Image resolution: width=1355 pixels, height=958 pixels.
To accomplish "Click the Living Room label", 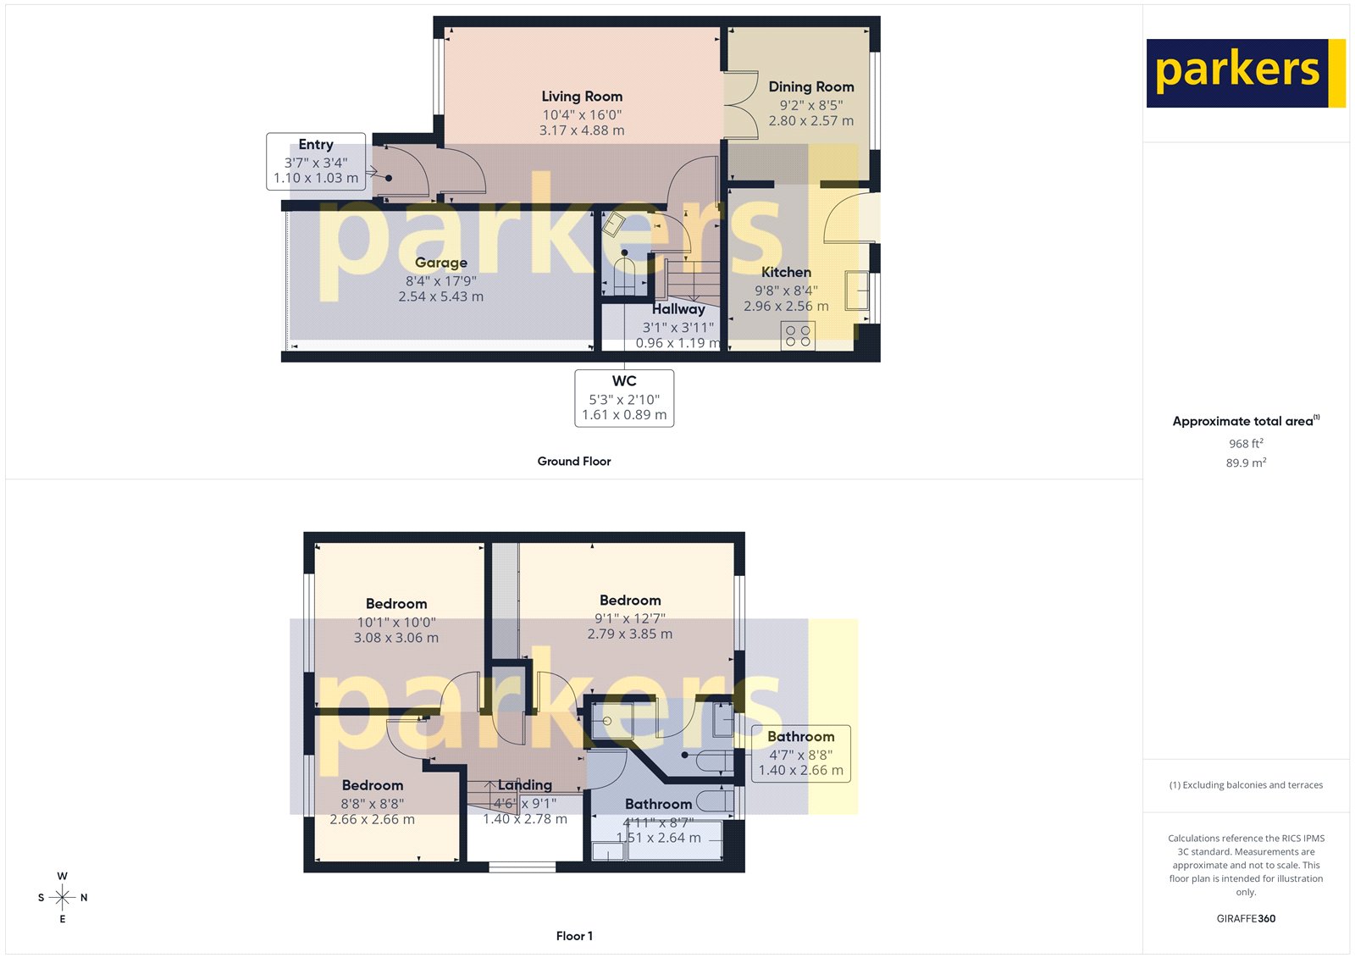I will coord(582,97).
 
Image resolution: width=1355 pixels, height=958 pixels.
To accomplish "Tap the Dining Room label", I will coord(810,86).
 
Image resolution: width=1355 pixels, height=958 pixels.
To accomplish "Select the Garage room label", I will coord(440,263).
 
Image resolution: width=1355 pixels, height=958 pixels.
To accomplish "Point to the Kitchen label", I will coord(786,272).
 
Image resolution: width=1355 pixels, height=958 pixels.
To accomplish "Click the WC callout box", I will coord(624,397).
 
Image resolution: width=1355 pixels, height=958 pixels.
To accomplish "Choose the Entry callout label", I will coord(316,145).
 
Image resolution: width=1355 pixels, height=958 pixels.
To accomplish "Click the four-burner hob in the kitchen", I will coord(798,336).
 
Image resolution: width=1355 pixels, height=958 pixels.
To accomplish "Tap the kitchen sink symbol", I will coord(857,290).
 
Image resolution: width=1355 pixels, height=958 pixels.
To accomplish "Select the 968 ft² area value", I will coord(1246,444).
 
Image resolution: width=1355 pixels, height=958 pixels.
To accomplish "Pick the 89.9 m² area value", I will coord(1246,462).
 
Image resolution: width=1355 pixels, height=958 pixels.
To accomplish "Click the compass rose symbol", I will coord(63,897).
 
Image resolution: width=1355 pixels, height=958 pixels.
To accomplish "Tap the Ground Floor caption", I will coord(573,462).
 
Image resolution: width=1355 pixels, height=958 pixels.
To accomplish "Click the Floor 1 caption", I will coord(574,936).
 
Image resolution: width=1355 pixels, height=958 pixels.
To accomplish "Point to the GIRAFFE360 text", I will coord(1246,918).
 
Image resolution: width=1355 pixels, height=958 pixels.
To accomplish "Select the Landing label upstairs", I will coord(525,785).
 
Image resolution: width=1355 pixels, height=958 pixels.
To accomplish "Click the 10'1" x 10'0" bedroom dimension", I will coord(396,622).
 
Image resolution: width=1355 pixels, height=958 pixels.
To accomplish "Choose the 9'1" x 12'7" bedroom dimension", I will coord(630,618).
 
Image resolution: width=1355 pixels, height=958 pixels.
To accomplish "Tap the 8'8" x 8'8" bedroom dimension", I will coord(373,803).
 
